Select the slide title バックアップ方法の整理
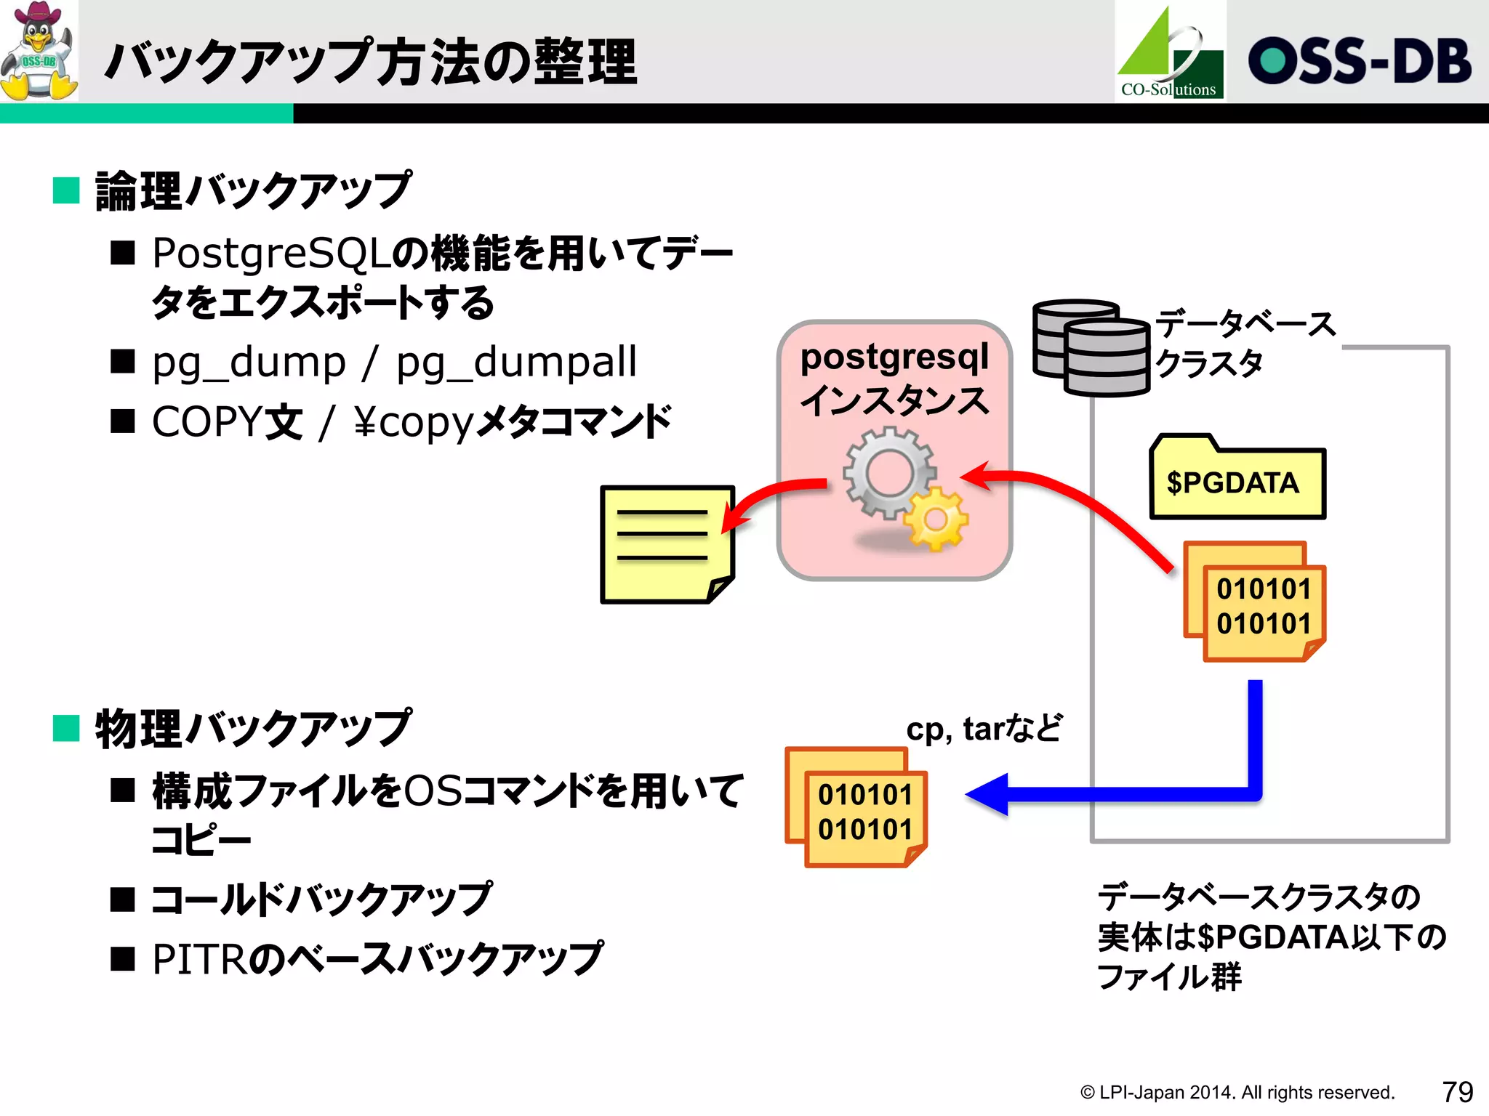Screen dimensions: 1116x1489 pyautogui.click(x=371, y=62)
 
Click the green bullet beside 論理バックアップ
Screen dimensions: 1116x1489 pyautogui.click(x=66, y=191)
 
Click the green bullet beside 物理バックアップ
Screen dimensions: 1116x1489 pyautogui.click(x=66, y=728)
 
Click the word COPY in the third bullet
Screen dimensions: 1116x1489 pyautogui.click(x=206, y=421)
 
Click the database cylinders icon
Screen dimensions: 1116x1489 pyautogui.click(x=1091, y=347)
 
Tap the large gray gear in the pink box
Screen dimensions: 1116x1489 pyautogui.click(x=888, y=472)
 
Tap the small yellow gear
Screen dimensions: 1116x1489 pyautogui.click(x=936, y=519)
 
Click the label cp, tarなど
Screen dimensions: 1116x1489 pyautogui.click(x=983, y=728)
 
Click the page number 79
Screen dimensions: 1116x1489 pyautogui.click(x=1457, y=1091)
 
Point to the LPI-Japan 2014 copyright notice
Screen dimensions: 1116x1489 pyautogui.click(x=1236, y=1092)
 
